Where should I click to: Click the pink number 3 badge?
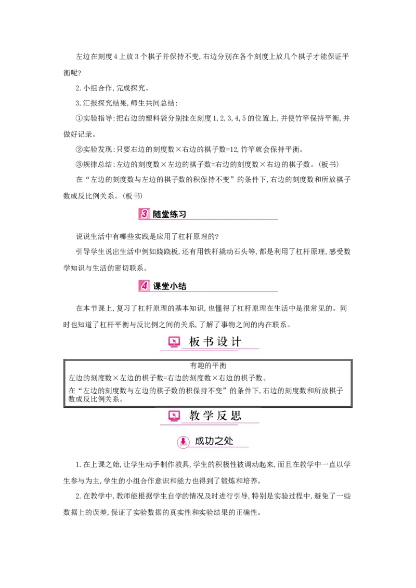coord(144,214)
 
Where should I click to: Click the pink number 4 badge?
coord(144,285)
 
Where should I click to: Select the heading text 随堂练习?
coord(170,214)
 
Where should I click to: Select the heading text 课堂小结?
coord(170,285)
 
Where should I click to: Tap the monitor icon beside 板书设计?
coord(174,342)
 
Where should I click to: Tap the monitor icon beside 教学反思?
coord(174,416)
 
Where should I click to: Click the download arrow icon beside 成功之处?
coord(183,442)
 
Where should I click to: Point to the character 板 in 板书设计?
coord(194,342)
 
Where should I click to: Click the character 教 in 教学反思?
coord(194,416)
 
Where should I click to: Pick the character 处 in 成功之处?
coord(229,442)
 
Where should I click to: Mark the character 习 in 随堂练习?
coord(182,214)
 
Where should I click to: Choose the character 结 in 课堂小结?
coord(182,285)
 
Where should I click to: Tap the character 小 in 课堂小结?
coord(174,285)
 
